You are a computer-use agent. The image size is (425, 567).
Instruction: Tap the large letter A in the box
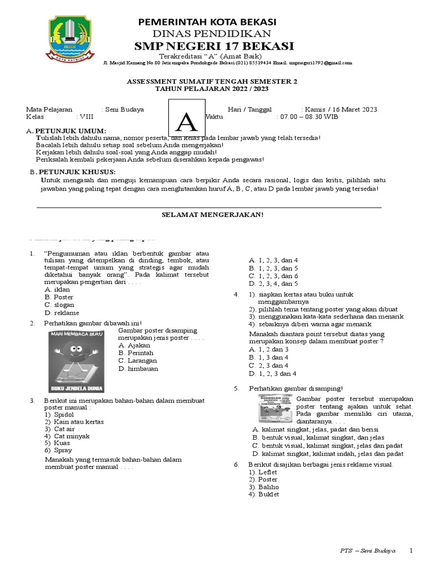coord(187,121)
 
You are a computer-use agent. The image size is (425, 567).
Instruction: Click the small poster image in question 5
coord(275,409)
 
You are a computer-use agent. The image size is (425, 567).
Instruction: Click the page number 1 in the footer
coord(411,551)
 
